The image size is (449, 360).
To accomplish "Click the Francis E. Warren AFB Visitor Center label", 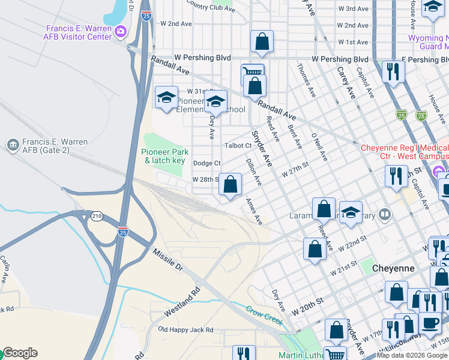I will coord(79,32).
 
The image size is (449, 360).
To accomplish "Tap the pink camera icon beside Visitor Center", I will coord(121,31).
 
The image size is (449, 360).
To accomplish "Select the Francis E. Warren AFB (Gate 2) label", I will coord(54,146).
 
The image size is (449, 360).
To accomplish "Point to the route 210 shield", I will coord(95,215).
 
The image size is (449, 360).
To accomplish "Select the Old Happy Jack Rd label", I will coord(185,329).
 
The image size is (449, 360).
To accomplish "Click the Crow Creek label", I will coord(264,316).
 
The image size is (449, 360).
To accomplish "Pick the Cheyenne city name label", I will coord(393,268).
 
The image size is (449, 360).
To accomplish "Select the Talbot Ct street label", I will coord(238,146).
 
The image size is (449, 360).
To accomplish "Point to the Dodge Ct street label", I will coord(206,163).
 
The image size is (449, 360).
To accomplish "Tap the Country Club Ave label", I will coord(210,7).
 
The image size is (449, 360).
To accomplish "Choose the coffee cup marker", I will coord(430,322).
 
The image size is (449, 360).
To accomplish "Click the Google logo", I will coord(19,353).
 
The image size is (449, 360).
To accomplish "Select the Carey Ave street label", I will coord(346,83).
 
